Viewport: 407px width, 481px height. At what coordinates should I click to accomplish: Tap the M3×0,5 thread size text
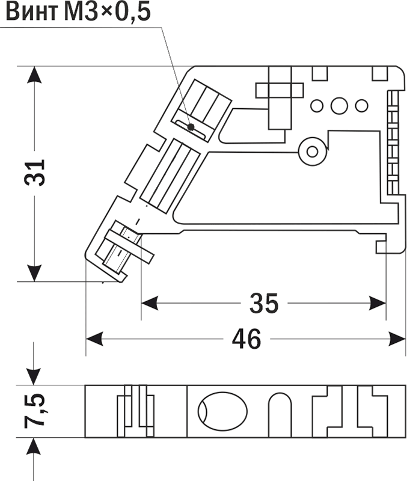[108, 12]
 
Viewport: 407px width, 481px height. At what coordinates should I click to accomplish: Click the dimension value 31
[34, 173]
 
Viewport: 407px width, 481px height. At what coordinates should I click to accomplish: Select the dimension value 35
[264, 304]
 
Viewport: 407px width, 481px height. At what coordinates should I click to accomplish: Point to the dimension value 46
[246, 339]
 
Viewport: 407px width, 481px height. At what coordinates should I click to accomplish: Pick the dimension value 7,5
[35, 411]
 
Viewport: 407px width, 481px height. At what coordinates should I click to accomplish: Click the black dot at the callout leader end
[191, 127]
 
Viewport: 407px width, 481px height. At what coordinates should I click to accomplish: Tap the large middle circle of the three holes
[339, 106]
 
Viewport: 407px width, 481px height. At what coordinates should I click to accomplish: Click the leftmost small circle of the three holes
[317, 106]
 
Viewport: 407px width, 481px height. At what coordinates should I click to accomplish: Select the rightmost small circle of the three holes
[361, 106]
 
